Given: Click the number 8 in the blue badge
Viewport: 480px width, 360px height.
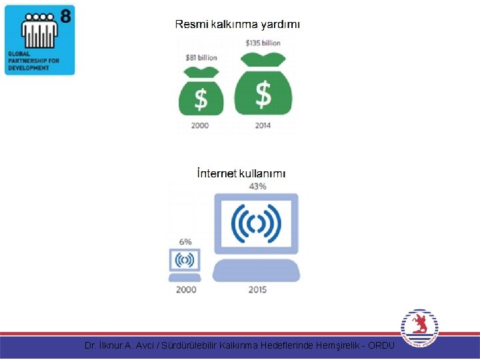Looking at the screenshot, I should point(65,15).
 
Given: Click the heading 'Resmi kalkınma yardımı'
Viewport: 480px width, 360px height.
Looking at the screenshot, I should point(237,25).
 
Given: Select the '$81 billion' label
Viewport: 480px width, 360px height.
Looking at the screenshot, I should point(201,58).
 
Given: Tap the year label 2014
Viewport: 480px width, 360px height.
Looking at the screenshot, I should point(263,125).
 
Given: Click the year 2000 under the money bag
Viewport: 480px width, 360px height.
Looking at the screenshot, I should point(200,125).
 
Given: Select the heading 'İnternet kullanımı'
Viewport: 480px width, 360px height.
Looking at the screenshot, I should point(241,173).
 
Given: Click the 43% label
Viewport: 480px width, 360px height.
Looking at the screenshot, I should point(257,186).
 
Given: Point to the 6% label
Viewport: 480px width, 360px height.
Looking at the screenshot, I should point(185,242).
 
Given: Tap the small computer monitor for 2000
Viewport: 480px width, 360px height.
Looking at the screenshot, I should point(185,259).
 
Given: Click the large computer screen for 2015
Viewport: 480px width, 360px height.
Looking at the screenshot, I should point(257,224).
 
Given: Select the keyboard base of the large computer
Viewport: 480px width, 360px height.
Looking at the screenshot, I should point(257,270).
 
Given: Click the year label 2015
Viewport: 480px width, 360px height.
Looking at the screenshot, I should point(257,290).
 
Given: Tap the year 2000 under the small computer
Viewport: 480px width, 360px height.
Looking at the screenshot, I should point(186,290).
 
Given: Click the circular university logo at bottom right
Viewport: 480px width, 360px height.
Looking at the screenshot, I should point(419,329).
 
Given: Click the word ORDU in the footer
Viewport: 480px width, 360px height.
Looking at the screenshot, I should point(381,345).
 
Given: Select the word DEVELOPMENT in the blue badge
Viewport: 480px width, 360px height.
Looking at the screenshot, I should point(29,68).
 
